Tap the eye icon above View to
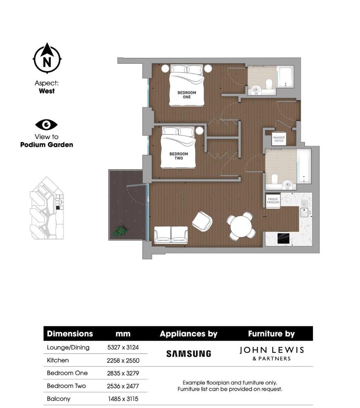47,125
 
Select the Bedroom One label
187,95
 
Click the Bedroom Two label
178,156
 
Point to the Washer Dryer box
279,139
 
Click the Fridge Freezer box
273,200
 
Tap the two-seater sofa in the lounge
171,235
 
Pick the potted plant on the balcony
119,231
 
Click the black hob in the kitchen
283,238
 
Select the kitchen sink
304,212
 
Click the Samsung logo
189,354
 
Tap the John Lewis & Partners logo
271,353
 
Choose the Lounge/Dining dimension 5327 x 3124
123,347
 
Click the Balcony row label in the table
58,399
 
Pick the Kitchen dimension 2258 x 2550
123,360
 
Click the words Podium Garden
47,144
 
